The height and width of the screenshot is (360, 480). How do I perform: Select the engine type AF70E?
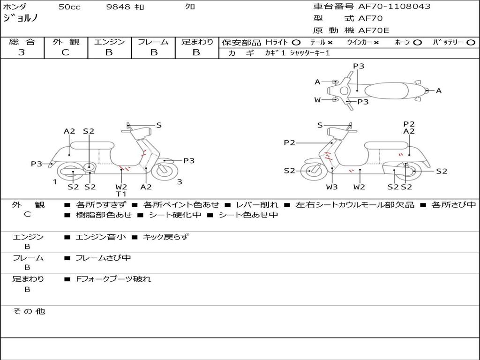click(374, 31)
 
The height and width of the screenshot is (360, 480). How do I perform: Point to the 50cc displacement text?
click(69, 7)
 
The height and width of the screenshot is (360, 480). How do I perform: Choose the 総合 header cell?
click(22, 42)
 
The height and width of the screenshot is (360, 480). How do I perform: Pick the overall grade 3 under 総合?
click(22, 52)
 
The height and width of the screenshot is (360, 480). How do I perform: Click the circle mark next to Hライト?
click(296, 42)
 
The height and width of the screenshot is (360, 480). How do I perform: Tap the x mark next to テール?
click(330, 42)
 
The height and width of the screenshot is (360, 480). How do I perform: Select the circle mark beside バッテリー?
click(471, 42)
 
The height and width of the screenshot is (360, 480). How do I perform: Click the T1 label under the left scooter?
click(121, 194)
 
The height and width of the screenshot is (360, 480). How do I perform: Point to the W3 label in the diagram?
click(332, 187)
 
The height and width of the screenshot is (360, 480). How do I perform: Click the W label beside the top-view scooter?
click(317, 99)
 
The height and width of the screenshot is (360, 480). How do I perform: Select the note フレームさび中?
click(103, 258)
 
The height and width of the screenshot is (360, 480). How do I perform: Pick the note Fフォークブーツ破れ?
click(113, 279)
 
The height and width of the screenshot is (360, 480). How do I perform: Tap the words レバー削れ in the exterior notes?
click(257, 205)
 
